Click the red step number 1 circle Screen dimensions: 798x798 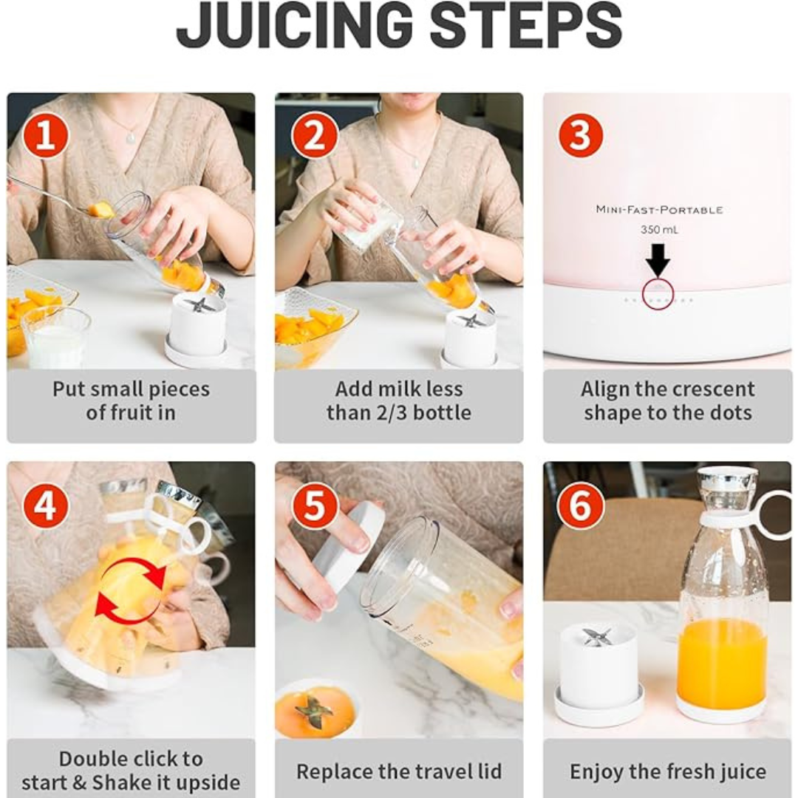46,136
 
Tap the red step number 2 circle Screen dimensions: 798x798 315,136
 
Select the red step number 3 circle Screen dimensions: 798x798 581,136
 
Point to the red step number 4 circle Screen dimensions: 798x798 46,505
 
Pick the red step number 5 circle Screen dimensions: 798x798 315,505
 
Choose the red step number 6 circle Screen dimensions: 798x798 581,505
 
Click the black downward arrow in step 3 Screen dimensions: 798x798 658,260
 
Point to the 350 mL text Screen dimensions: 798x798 659,230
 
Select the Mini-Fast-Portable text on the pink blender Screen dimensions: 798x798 659,210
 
